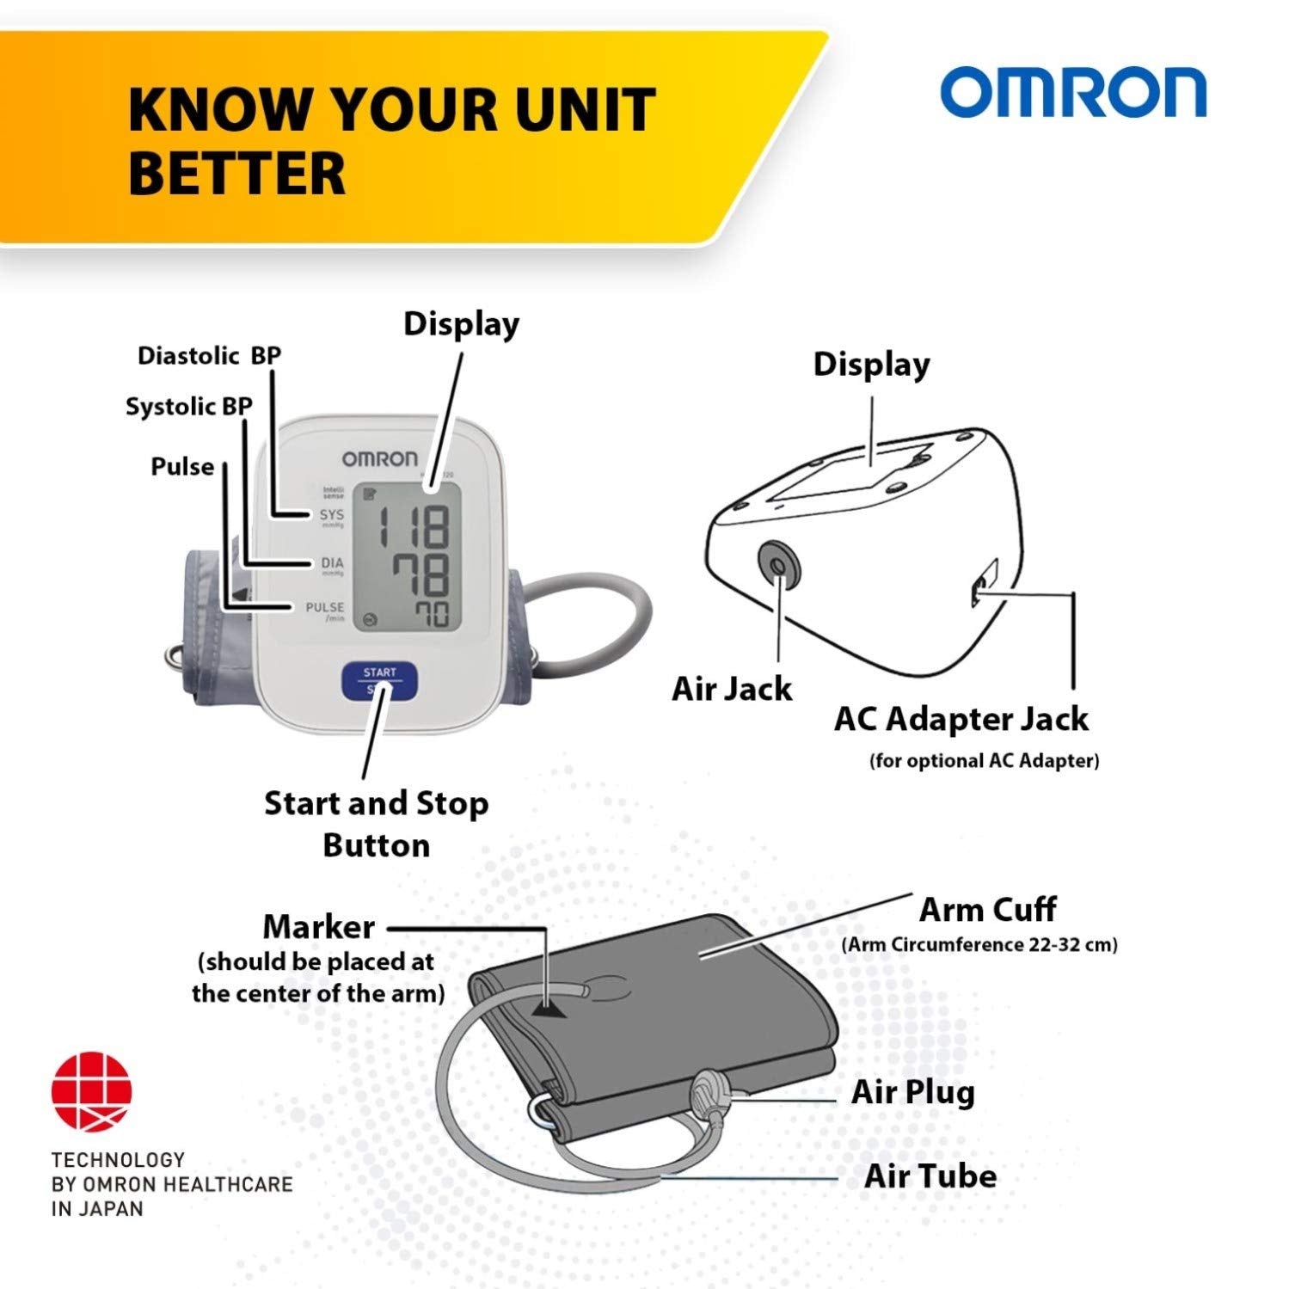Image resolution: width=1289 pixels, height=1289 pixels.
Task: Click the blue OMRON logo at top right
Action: [x=1072, y=93]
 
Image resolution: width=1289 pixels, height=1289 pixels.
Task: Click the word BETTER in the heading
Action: [x=236, y=173]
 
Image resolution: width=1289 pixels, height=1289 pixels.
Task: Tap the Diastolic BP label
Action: [x=209, y=355]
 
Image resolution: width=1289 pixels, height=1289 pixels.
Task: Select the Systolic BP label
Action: [x=189, y=406]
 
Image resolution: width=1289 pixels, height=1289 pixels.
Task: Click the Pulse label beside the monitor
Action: [x=182, y=466]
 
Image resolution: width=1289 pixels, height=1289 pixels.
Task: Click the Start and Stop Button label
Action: [x=377, y=824]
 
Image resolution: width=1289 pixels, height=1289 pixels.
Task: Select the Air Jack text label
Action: [x=732, y=689]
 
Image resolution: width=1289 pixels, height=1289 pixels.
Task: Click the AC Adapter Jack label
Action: [x=961, y=719]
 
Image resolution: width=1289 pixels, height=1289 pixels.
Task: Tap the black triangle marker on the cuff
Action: [x=550, y=1008]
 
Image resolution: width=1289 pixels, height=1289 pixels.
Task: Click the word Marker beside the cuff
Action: [x=318, y=927]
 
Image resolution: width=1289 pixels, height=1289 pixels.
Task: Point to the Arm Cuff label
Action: [x=987, y=909]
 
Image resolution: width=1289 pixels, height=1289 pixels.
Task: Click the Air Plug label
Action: [x=913, y=1092]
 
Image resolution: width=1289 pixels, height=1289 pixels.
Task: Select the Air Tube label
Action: [x=930, y=1175]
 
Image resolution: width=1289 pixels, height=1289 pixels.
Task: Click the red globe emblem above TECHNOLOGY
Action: [x=92, y=1092]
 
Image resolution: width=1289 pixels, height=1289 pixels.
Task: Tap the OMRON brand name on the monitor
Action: [x=379, y=458]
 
